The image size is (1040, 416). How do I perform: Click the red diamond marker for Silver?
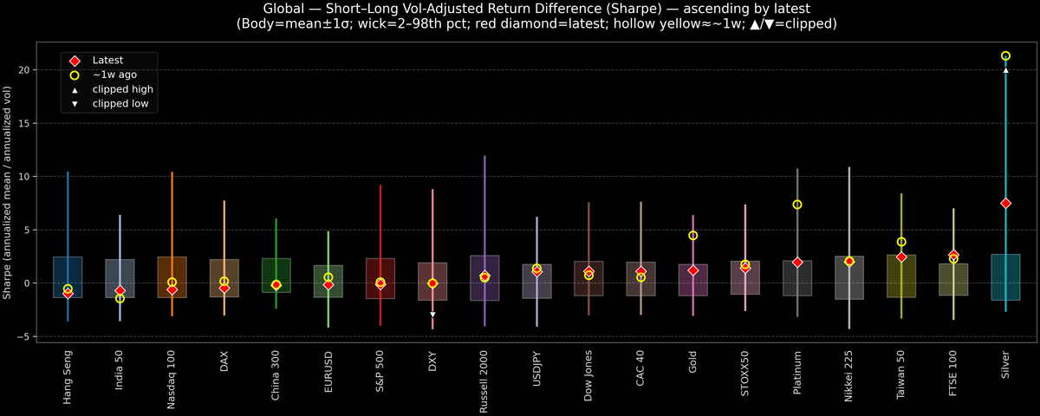pyautogui.click(x=1005, y=203)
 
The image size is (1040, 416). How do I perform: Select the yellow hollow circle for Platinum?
pyautogui.click(x=797, y=205)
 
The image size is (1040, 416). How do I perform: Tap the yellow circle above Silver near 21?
pyautogui.click(x=1005, y=55)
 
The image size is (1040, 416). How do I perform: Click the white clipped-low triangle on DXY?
pyautogui.click(x=432, y=315)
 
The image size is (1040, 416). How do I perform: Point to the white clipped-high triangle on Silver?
pyautogui.click(x=1005, y=70)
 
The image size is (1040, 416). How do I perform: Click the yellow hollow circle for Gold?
pyautogui.click(x=693, y=236)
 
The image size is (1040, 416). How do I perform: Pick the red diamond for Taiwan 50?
pyautogui.click(x=901, y=257)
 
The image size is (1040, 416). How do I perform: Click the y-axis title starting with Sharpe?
pyautogui.click(x=8, y=192)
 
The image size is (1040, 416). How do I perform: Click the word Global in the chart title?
pyautogui.click(x=283, y=9)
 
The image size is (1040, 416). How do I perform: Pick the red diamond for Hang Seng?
pyautogui.click(x=68, y=293)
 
